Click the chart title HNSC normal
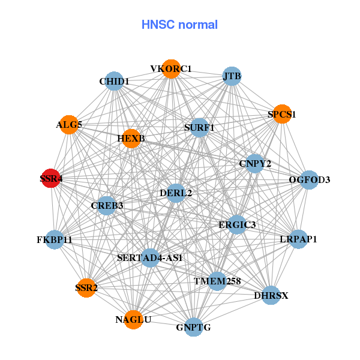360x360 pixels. coord(179,25)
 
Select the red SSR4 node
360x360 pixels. coord(50,178)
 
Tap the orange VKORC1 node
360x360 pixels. coord(171,69)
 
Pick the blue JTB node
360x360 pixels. coord(232,76)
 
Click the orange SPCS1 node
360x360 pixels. coord(282,114)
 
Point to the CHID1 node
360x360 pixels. coord(114,81)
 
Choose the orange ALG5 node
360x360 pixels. coord(69,125)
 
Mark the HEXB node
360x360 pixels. coord(131,139)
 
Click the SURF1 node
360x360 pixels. coord(199,127)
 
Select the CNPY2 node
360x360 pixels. coord(255,164)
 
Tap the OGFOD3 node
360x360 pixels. coord(309,179)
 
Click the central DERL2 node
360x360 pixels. coord(176,193)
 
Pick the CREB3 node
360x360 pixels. coord(107,206)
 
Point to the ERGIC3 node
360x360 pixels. coord(236,224)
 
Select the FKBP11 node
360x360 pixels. coord(55,240)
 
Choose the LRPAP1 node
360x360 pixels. coord(298,239)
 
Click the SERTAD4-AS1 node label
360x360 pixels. coord(150,258)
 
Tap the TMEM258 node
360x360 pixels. coord(217,281)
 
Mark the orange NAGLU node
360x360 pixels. coord(133,320)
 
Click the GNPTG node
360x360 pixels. coord(193,327)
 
